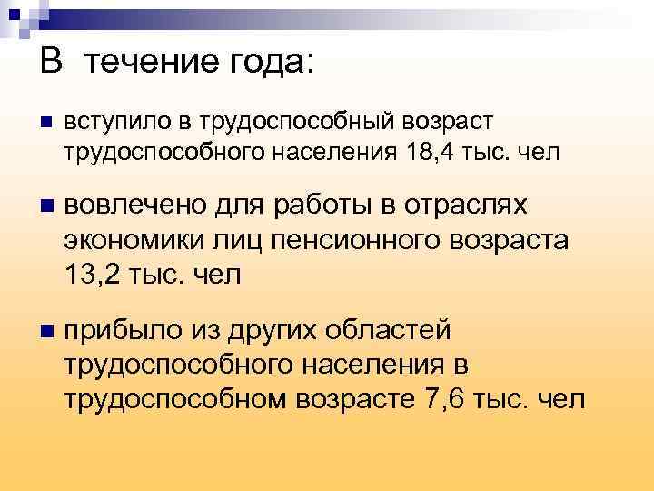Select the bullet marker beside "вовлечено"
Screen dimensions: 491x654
tap(45, 205)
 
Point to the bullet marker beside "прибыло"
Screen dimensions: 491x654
tap(45, 330)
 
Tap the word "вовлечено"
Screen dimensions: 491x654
tap(134, 205)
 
